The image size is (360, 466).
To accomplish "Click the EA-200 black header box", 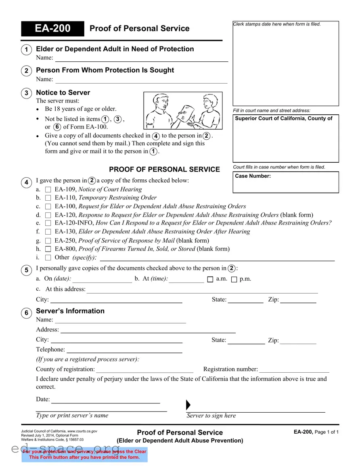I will (x=52, y=29).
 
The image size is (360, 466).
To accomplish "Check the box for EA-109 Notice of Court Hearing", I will (x=48, y=189).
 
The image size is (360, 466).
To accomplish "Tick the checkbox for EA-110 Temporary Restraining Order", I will (x=48, y=198).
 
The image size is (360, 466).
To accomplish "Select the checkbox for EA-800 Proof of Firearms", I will (x=48, y=249).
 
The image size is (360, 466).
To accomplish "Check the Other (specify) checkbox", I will (x=48, y=258).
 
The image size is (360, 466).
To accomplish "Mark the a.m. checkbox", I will (x=210, y=279).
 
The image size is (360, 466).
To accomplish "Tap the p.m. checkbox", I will (x=234, y=279).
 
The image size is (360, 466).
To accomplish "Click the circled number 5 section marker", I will (x=26, y=270).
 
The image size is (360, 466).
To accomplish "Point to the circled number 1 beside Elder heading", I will (x=26, y=50).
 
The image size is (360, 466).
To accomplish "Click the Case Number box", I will (x=286, y=182).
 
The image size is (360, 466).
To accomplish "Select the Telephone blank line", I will (x=124, y=350).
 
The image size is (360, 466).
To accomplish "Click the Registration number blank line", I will (x=294, y=369).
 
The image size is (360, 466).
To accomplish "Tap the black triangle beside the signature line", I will (x=188, y=405).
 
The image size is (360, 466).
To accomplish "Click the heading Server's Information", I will (x=70, y=311).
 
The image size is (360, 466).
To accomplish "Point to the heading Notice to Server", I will (x=63, y=92).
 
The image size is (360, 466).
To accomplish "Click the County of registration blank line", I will (x=144, y=369).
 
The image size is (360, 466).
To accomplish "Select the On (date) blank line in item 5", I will (x=102, y=279).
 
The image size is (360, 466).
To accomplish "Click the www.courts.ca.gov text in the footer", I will (x=82, y=431).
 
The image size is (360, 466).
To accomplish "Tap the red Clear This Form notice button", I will (x=84, y=454).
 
